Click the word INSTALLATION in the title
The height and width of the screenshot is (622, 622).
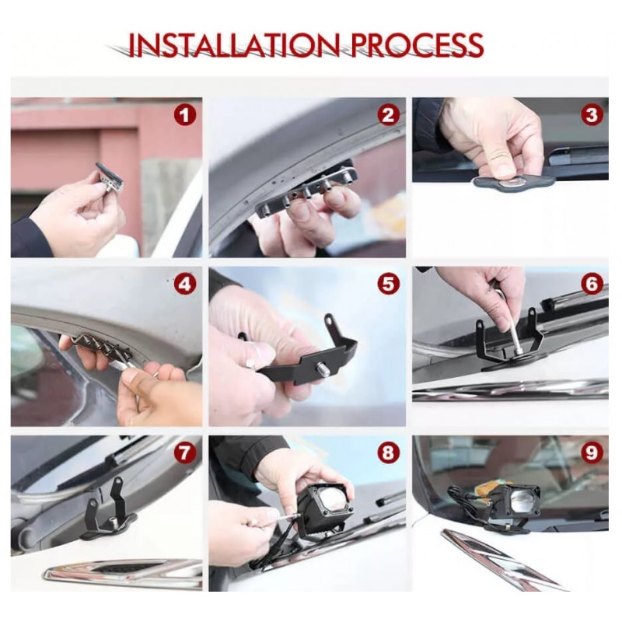[x=235, y=45]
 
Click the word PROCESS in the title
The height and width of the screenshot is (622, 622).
[x=417, y=45]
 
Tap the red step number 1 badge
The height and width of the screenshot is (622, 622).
[x=185, y=115]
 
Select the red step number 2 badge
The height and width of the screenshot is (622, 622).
[x=388, y=115]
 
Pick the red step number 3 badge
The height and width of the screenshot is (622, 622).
[x=592, y=115]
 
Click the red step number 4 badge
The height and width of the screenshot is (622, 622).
[x=185, y=284]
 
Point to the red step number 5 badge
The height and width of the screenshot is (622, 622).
[x=388, y=284]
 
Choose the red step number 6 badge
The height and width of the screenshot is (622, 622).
[x=592, y=284]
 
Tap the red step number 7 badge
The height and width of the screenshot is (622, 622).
[x=185, y=453]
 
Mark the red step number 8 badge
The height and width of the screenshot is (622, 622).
[x=388, y=453]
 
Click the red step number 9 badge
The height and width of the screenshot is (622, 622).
[x=592, y=453]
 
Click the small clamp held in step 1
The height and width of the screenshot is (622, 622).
[x=109, y=178]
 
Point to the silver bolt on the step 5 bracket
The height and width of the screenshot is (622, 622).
[x=320, y=368]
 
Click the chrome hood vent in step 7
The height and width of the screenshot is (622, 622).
[x=122, y=572]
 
